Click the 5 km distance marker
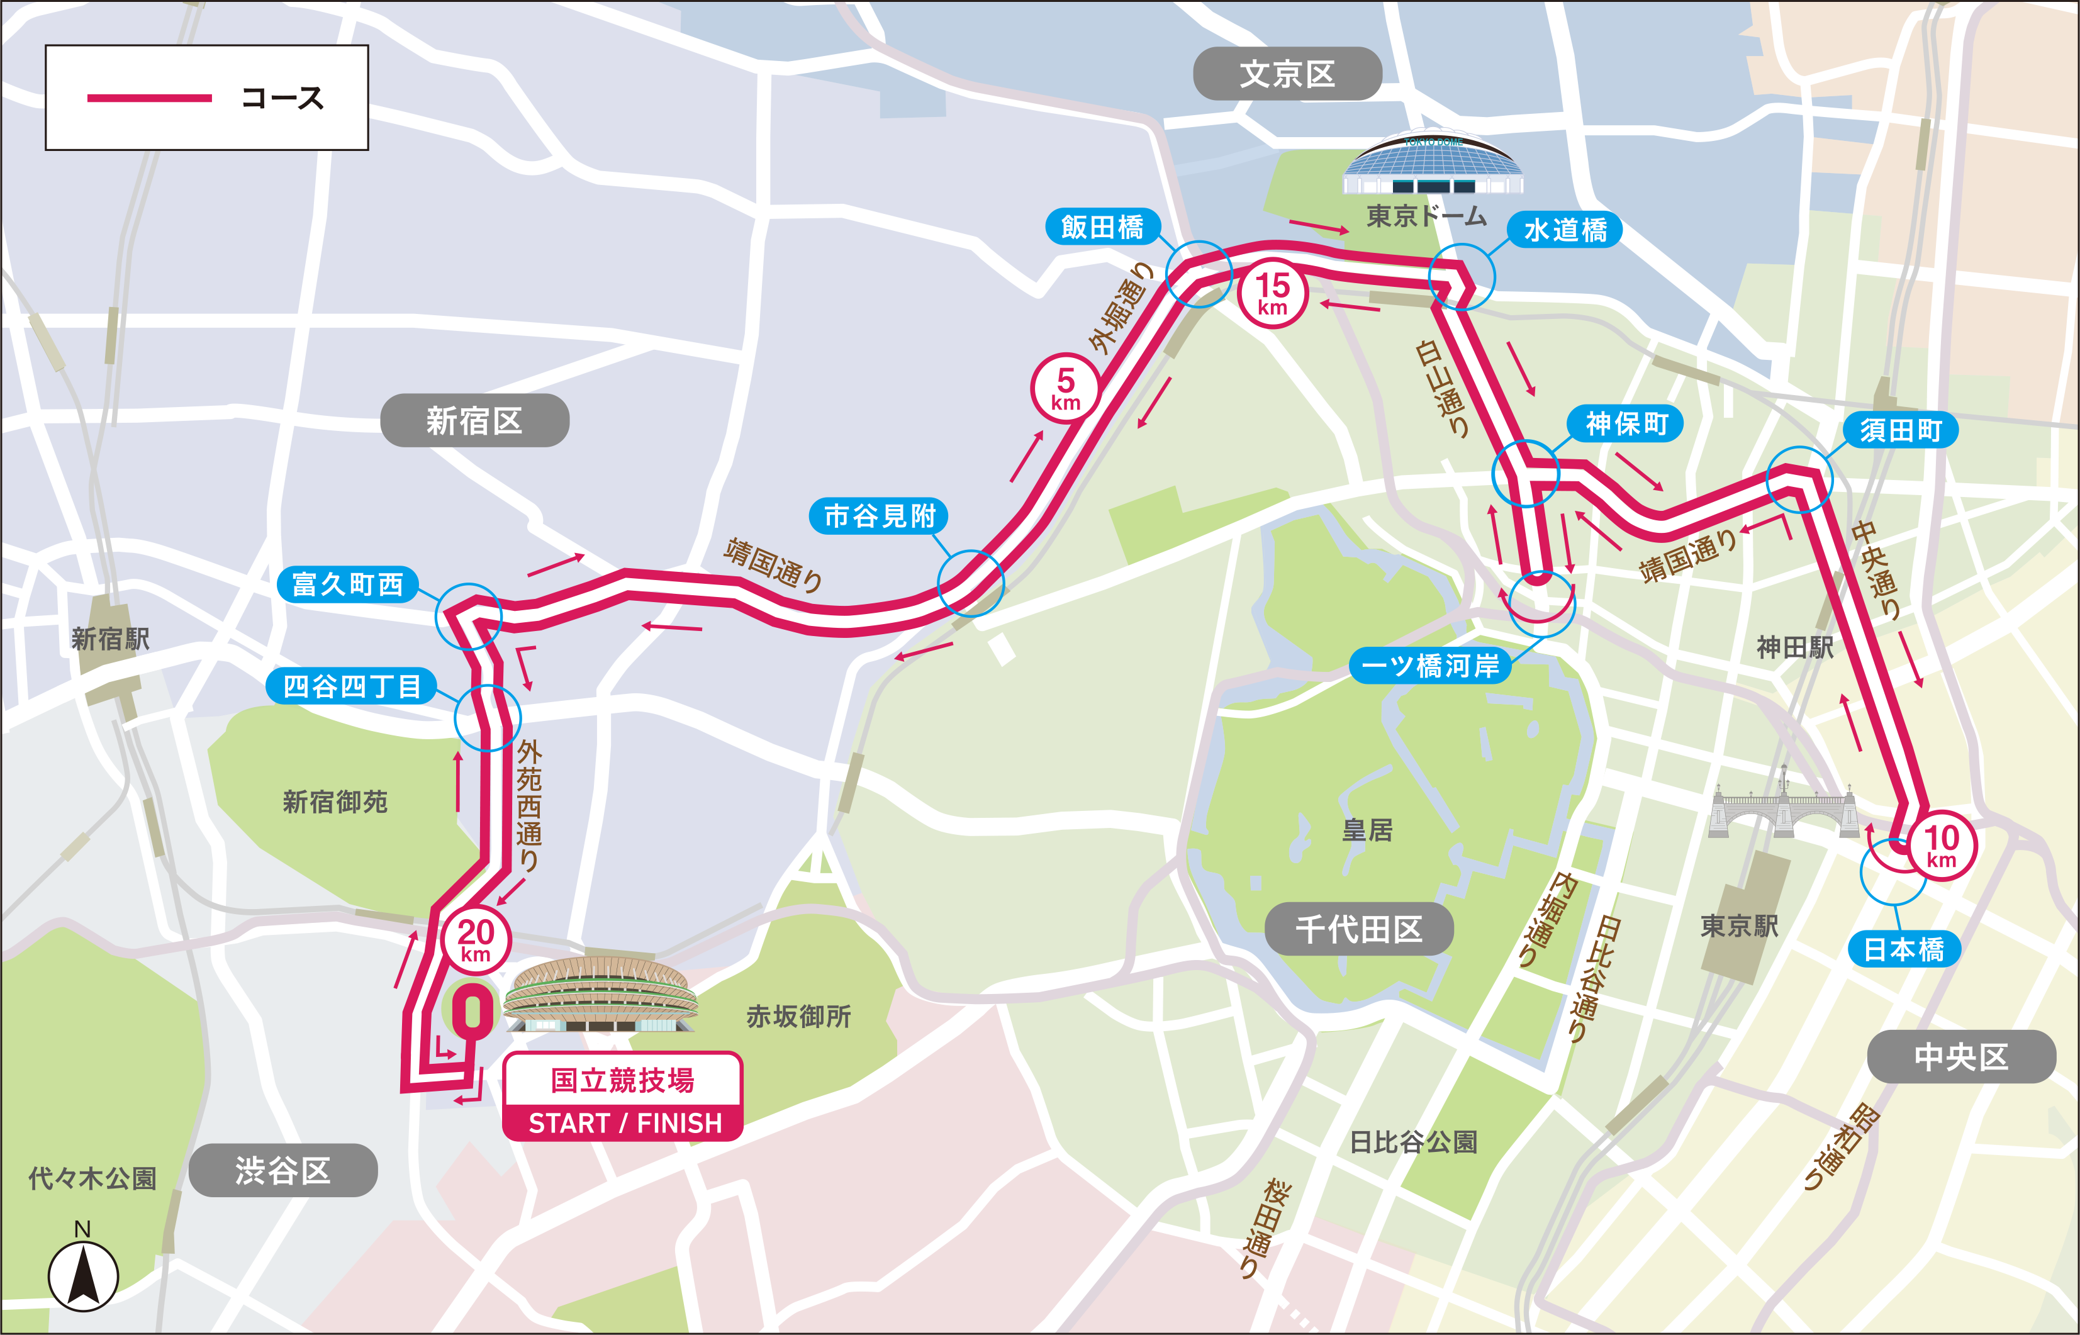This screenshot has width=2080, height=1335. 1065,388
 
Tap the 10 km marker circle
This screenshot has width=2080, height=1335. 1942,844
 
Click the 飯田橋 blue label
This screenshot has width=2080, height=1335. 1102,227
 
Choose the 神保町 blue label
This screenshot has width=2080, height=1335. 1626,424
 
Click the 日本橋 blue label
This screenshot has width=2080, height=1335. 1904,949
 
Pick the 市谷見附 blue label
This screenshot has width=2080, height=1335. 879,516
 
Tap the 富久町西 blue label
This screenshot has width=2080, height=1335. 347,584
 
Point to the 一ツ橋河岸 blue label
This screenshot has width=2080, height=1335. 1430,666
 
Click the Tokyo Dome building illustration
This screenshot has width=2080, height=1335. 1432,165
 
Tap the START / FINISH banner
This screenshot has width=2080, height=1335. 623,1122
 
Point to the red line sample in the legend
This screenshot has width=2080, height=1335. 149,98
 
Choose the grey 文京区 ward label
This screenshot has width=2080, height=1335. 1287,74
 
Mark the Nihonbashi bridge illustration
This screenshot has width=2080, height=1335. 1784,806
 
